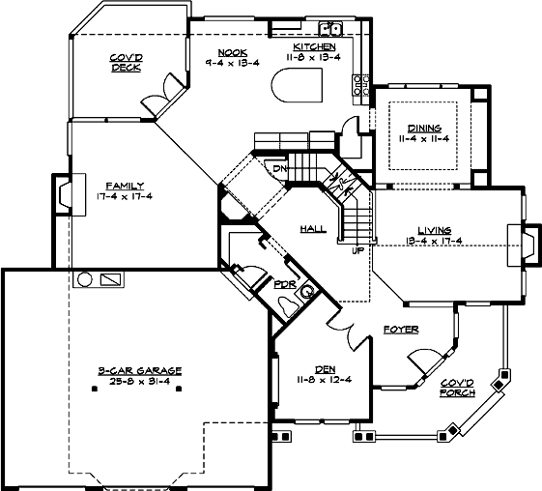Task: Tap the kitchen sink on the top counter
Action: pos(328,28)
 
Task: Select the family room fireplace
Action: pos(63,193)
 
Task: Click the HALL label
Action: pos(313,228)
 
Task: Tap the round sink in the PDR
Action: pos(308,289)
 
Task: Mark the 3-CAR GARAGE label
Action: pos(140,370)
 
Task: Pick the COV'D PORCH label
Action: pos(457,388)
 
